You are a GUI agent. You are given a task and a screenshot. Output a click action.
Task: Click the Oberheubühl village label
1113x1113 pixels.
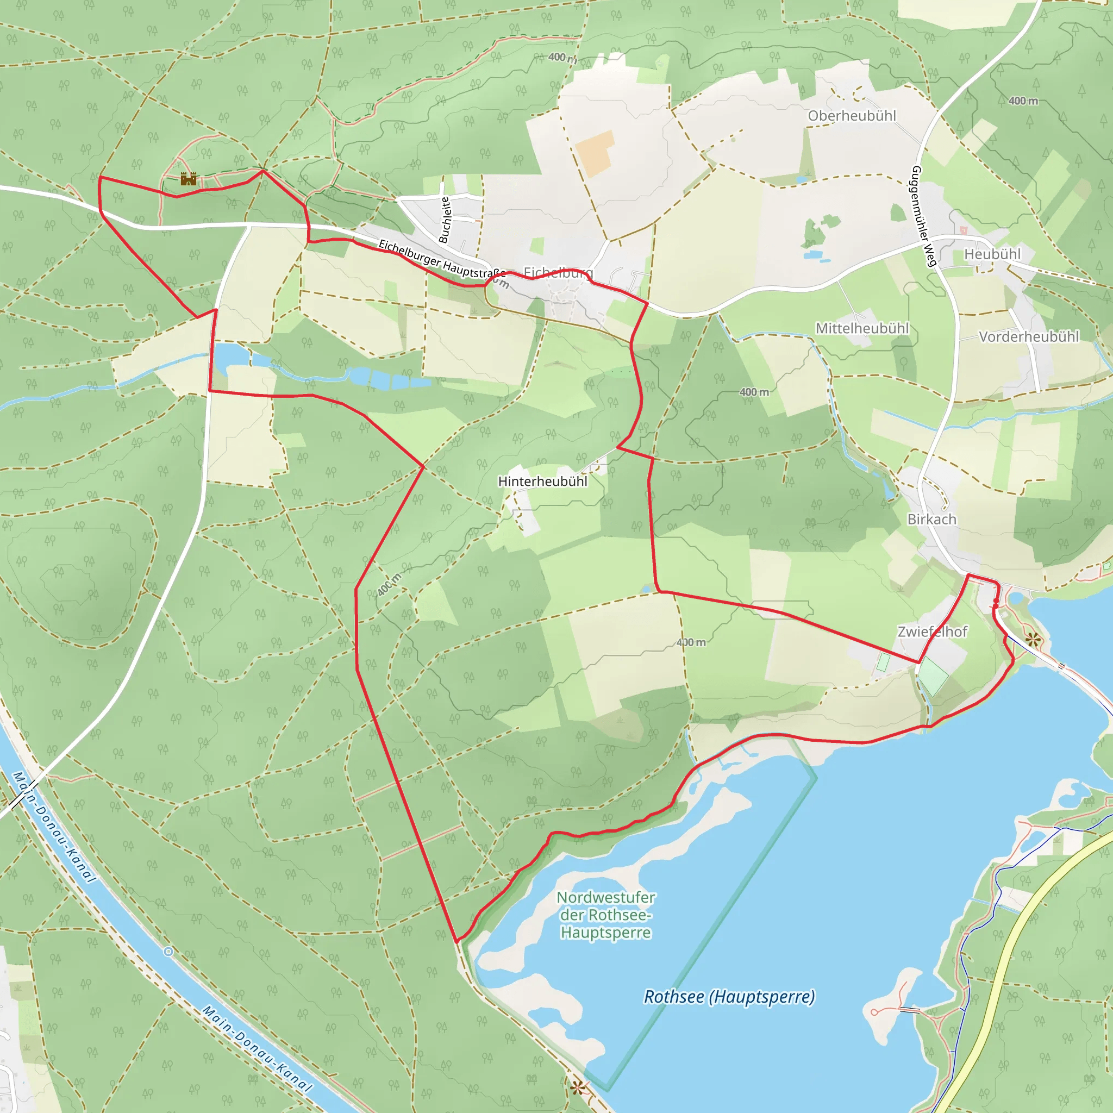(852, 116)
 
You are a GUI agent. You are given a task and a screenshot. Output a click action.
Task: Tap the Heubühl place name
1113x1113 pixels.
(992, 254)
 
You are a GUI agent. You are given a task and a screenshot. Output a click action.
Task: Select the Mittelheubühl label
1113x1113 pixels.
(862, 328)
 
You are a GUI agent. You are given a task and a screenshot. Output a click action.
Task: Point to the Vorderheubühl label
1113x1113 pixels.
(1028, 336)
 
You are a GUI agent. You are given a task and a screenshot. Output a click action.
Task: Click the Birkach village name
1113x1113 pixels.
(931, 519)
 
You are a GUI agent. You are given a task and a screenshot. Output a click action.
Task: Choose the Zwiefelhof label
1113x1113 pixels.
(932, 631)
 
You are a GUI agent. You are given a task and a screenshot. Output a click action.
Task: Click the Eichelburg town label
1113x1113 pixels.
(558, 272)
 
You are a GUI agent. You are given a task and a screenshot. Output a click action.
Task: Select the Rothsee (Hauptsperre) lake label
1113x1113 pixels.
(729, 997)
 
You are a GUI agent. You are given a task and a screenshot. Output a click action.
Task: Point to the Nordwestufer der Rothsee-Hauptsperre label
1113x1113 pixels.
(605, 915)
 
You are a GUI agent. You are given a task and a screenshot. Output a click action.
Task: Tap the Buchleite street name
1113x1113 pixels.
(444, 220)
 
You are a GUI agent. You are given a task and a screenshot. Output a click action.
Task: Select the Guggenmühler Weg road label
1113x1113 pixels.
(922, 216)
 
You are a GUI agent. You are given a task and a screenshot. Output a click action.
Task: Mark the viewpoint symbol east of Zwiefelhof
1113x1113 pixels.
(1033, 639)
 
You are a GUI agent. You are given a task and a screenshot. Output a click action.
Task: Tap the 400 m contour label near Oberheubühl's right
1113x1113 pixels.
(1023, 101)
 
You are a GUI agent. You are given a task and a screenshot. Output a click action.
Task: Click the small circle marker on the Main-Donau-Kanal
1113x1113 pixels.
(168, 952)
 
